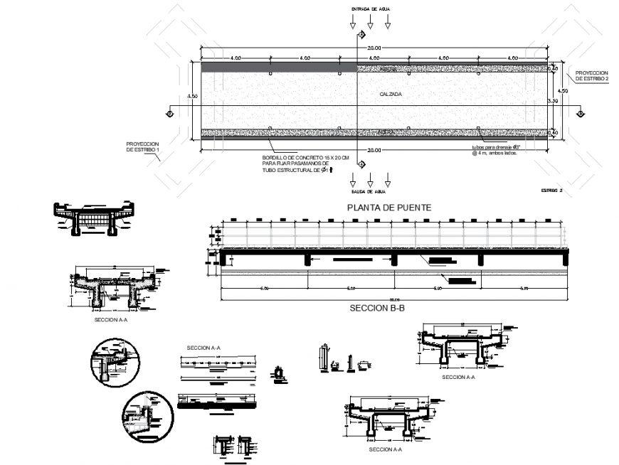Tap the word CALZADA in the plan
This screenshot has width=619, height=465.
pos(391,93)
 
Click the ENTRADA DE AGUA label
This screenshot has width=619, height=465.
pos(370,9)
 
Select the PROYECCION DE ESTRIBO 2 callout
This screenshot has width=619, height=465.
pos(591,76)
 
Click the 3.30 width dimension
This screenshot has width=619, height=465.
pos(561,102)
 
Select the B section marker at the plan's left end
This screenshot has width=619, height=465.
pos(169,113)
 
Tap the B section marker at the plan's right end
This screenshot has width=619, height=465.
pos(581,113)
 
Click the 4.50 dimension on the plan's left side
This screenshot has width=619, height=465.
pos(191,95)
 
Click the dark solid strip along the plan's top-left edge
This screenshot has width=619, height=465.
pos(278,67)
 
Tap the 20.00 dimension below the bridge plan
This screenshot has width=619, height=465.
pos(374,150)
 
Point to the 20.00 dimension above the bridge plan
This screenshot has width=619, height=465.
pos(374,48)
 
